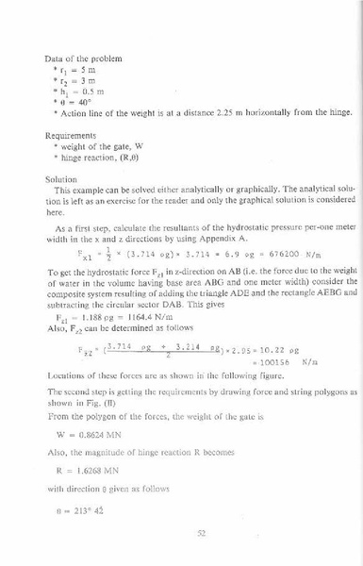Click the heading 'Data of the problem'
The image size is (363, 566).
click(x=79, y=58)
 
